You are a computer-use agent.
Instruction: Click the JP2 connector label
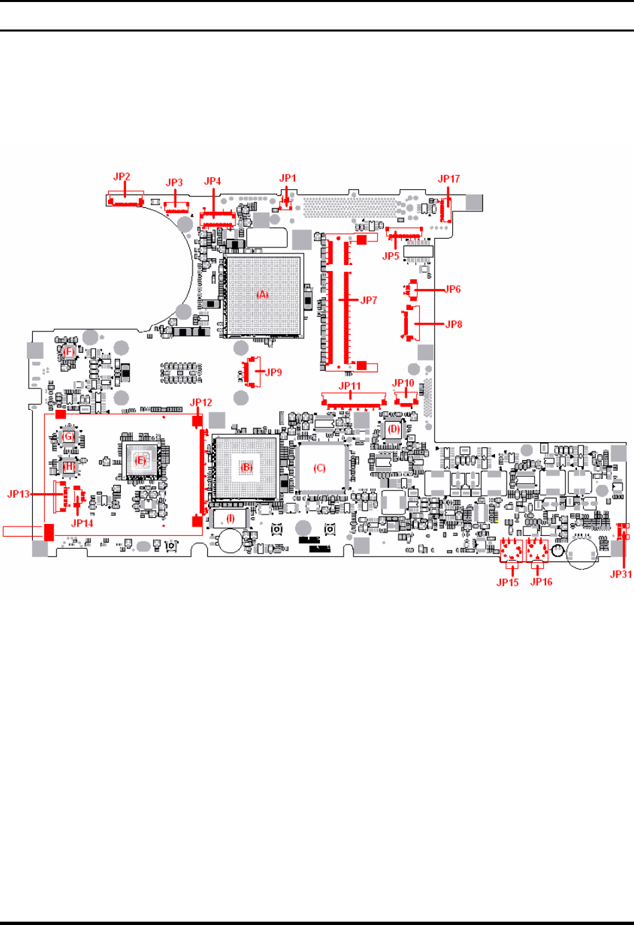(x=121, y=177)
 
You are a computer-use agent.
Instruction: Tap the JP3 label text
(x=174, y=182)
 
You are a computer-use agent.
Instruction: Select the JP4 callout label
(x=213, y=181)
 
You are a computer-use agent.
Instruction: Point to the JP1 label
(x=288, y=178)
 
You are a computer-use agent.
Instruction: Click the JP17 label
(x=449, y=178)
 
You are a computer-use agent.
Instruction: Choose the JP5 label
(x=390, y=256)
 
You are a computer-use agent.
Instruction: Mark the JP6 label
(x=453, y=289)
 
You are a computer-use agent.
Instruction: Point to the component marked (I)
(x=230, y=518)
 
